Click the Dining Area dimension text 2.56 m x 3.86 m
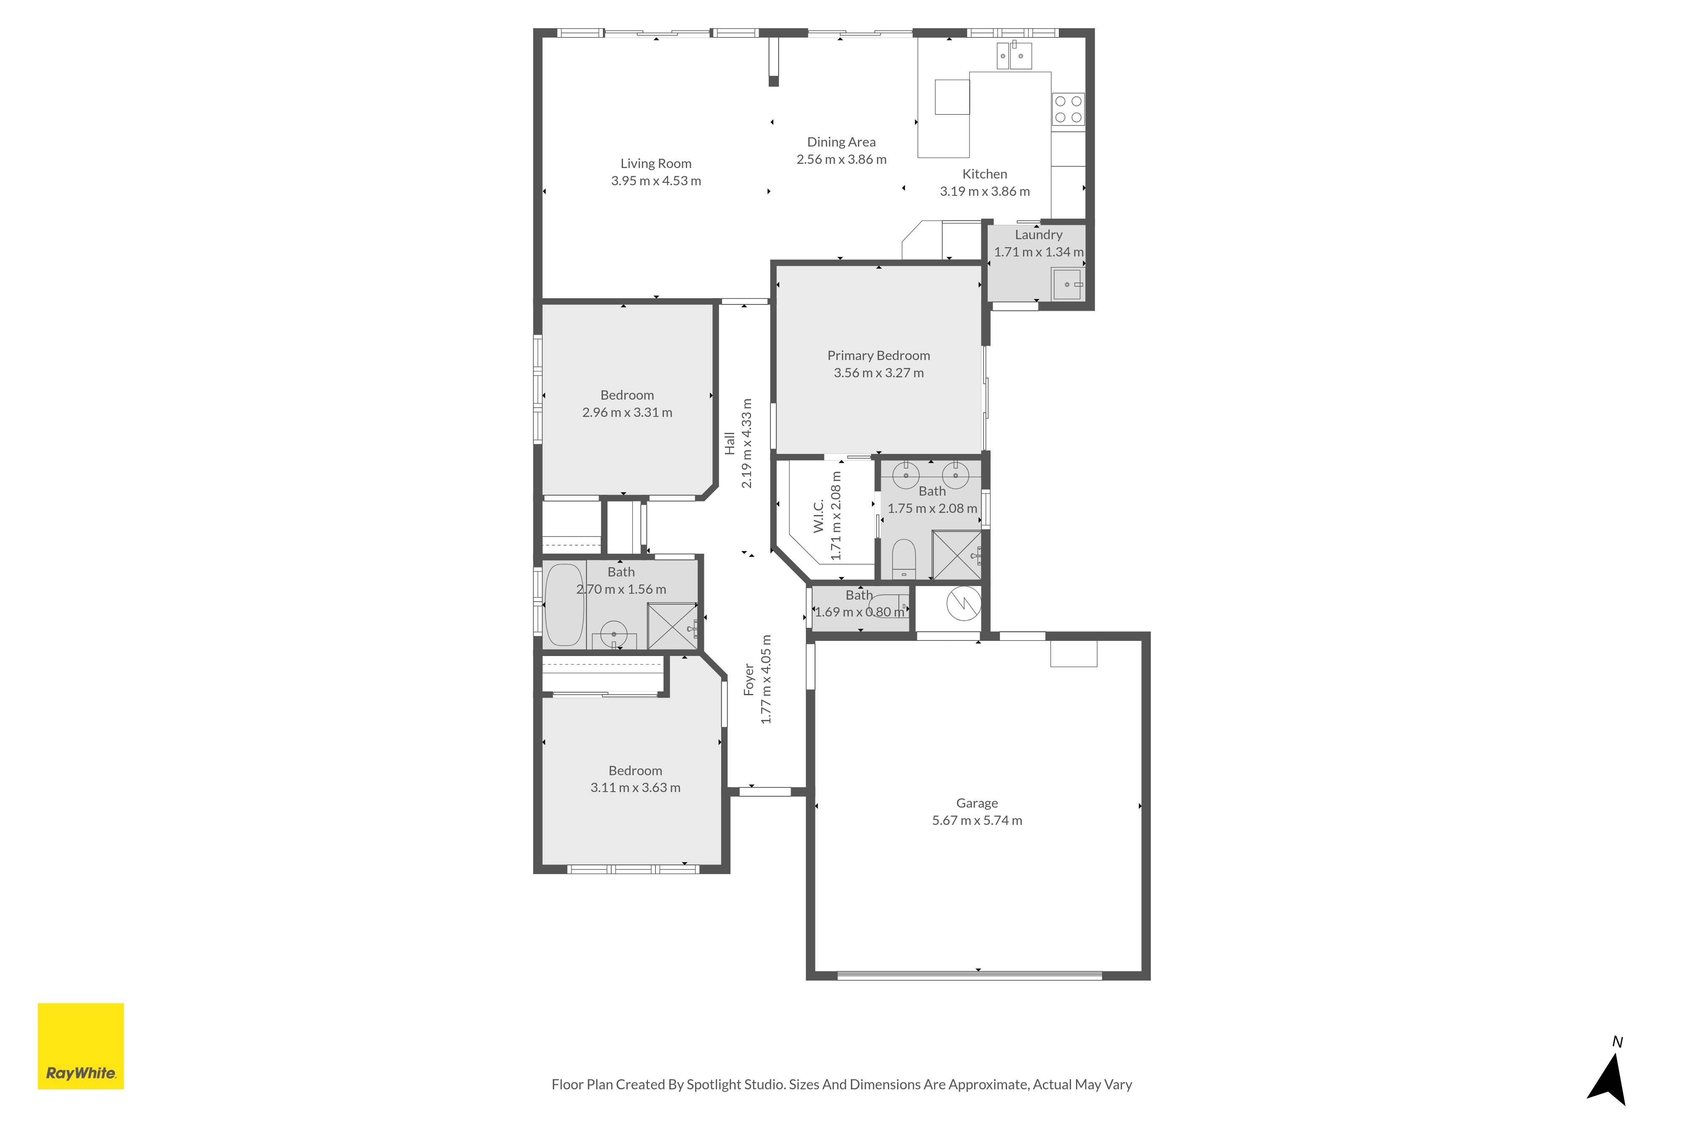pyautogui.click(x=841, y=160)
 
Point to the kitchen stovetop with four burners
pyautogui.click(x=1068, y=109)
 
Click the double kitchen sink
pyautogui.click(x=1014, y=55)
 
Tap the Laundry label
pyautogui.click(x=1038, y=235)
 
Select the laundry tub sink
pyautogui.click(x=1067, y=284)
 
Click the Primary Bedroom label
pyautogui.click(x=879, y=356)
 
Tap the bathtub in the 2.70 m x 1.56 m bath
pyautogui.click(x=564, y=605)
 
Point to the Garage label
pyautogui.click(x=977, y=803)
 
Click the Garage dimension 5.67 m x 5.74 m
pyautogui.click(x=977, y=821)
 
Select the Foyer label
pyautogui.click(x=749, y=679)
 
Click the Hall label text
pyautogui.click(x=730, y=443)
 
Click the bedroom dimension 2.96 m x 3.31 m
pyautogui.click(x=627, y=413)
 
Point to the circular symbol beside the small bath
pyautogui.click(x=964, y=603)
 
